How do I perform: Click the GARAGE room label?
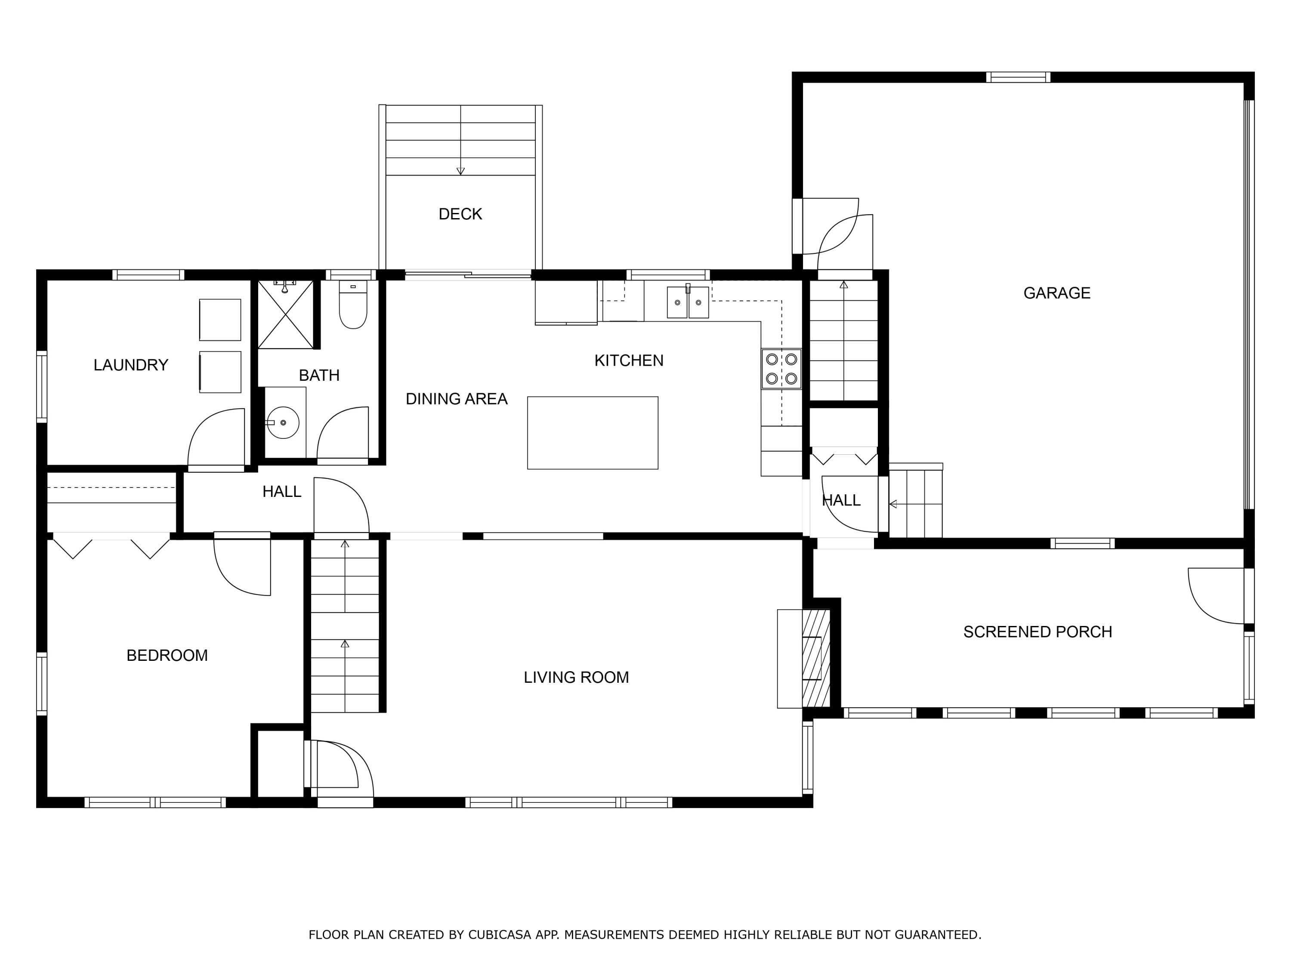coord(1056,293)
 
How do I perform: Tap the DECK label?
coord(460,214)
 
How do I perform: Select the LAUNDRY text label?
coord(131,365)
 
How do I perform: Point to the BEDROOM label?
coord(167,655)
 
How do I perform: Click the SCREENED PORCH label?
coord(1038,632)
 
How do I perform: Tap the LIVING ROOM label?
coord(576,678)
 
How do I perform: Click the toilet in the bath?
coord(353,304)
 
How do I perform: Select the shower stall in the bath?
coord(285,314)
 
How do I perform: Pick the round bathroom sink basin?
coord(283,422)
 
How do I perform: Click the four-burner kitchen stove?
coord(781,369)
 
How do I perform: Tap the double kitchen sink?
coord(688,302)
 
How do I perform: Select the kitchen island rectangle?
coord(593,433)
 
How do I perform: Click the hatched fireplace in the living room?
coord(816,659)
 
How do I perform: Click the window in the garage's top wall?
coord(1019,77)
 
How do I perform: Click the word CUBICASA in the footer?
coord(500,935)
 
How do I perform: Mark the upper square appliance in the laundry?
coord(220,320)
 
